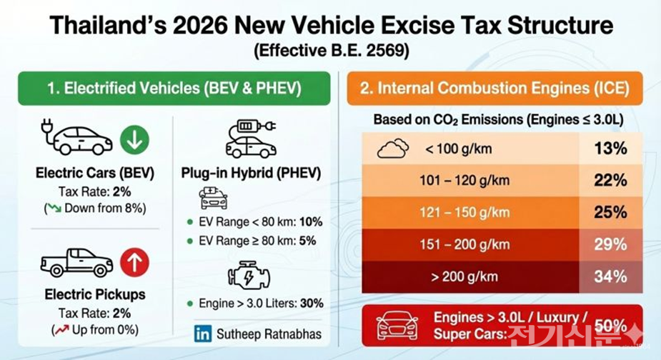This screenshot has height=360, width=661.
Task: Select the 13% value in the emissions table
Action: point(610,149)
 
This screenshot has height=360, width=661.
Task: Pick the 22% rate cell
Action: point(610,181)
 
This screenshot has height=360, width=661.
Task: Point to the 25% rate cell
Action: point(610,212)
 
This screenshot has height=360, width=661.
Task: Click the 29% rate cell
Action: point(610,244)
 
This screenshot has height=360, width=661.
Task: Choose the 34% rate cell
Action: point(610,276)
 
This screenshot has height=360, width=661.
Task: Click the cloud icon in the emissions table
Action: point(392,149)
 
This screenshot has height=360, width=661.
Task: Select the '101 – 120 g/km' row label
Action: point(465,181)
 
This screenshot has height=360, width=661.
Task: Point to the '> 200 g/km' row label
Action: point(465,276)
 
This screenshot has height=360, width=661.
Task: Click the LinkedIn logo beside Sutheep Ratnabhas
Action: point(203,334)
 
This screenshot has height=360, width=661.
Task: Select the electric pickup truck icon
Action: point(76,263)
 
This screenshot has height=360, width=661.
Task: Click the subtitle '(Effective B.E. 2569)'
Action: point(330,51)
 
